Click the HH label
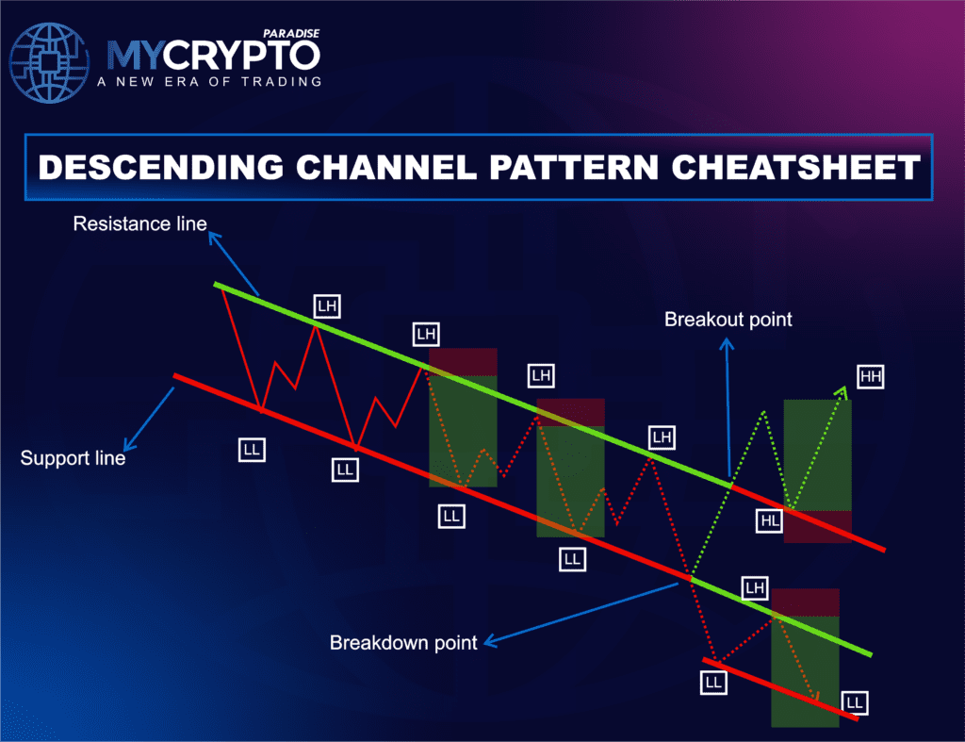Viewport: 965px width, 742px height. (x=871, y=377)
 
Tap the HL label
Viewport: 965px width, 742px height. (x=770, y=519)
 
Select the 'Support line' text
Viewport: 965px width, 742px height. (x=73, y=459)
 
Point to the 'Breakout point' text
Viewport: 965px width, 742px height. (x=728, y=319)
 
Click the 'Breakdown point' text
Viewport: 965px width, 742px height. (x=403, y=643)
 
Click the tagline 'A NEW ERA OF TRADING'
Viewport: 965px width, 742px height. (x=208, y=82)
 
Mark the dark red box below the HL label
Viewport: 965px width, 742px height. (x=817, y=527)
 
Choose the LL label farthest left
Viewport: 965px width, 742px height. (x=251, y=450)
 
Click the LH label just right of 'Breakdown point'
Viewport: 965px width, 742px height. (x=755, y=588)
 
